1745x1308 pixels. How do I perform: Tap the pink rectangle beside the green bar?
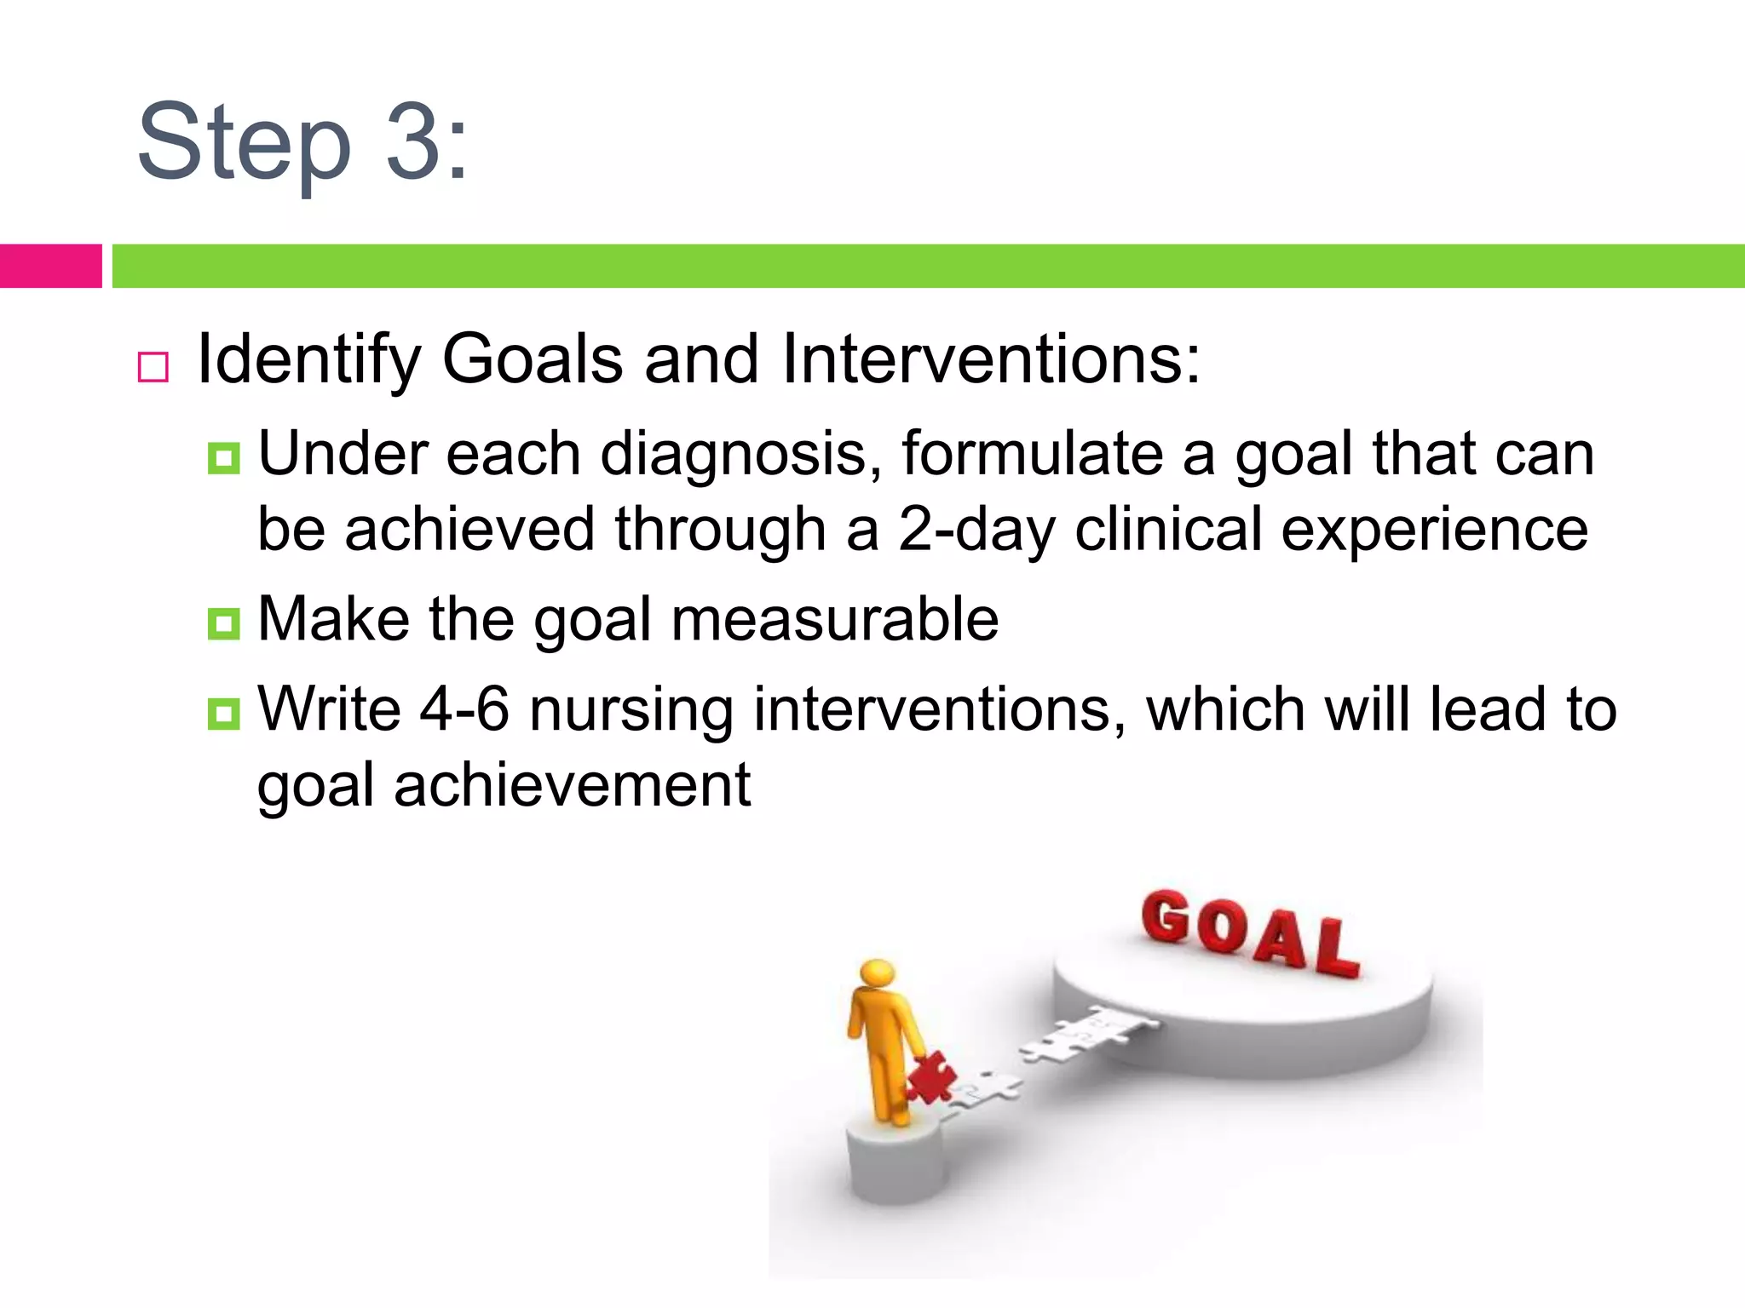(x=50, y=266)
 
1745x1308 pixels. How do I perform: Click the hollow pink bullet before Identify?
(x=153, y=367)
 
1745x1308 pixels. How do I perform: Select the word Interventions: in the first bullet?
(x=990, y=359)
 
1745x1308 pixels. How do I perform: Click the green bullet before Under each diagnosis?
(x=224, y=459)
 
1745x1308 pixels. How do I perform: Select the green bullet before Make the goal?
(x=224, y=624)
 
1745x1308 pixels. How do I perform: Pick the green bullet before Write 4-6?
(x=224, y=714)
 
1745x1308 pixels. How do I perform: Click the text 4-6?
(x=464, y=708)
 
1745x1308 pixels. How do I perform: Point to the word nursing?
(x=631, y=710)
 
